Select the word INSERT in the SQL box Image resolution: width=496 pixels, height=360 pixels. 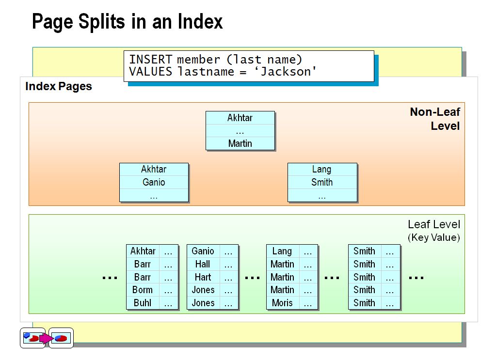[150, 60]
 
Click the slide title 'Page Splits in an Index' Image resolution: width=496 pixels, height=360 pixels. [127, 22]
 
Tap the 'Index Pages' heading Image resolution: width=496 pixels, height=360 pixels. [58, 87]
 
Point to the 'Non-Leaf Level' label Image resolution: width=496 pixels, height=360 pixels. [435, 119]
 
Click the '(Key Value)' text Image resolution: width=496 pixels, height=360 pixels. [433, 237]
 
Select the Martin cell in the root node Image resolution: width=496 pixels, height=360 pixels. [240, 143]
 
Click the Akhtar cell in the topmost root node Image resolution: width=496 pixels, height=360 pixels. [240, 118]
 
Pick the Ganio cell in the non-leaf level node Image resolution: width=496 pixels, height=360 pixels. [154, 182]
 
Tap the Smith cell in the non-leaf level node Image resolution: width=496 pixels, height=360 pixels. [322, 182]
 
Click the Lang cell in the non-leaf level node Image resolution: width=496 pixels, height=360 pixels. [322, 169]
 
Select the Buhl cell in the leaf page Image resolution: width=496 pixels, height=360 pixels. [143, 303]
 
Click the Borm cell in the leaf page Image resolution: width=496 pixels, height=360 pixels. [143, 290]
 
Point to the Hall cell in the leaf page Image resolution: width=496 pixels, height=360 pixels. [203, 264]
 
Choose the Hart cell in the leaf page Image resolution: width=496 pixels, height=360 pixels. [203, 277]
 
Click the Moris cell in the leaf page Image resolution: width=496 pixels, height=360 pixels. [282, 303]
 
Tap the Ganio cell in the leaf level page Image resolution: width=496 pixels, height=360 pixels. [203, 251]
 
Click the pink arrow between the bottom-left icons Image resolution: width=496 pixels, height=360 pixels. [46, 338]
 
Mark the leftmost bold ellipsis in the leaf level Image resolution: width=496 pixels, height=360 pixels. [110, 278]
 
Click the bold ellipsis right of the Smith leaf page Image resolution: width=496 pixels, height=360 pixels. [416, 278]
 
